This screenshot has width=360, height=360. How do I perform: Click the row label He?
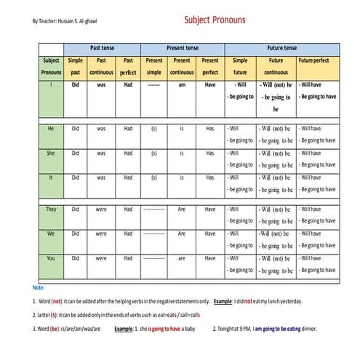(51, 128)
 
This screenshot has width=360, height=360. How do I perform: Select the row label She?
(51, 153)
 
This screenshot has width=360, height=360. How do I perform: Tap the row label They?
(51, 209)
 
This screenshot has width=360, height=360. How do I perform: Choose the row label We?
(51, 233)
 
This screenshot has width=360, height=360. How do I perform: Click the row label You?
(51, 258)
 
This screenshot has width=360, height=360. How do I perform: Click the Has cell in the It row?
(210, 177)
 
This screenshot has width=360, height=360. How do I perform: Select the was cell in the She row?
(101, 153)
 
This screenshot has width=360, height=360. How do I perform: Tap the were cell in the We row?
(101, 233)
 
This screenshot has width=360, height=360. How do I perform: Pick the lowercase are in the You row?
(183, 258)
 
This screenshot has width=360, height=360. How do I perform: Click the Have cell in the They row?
(210, 209)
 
